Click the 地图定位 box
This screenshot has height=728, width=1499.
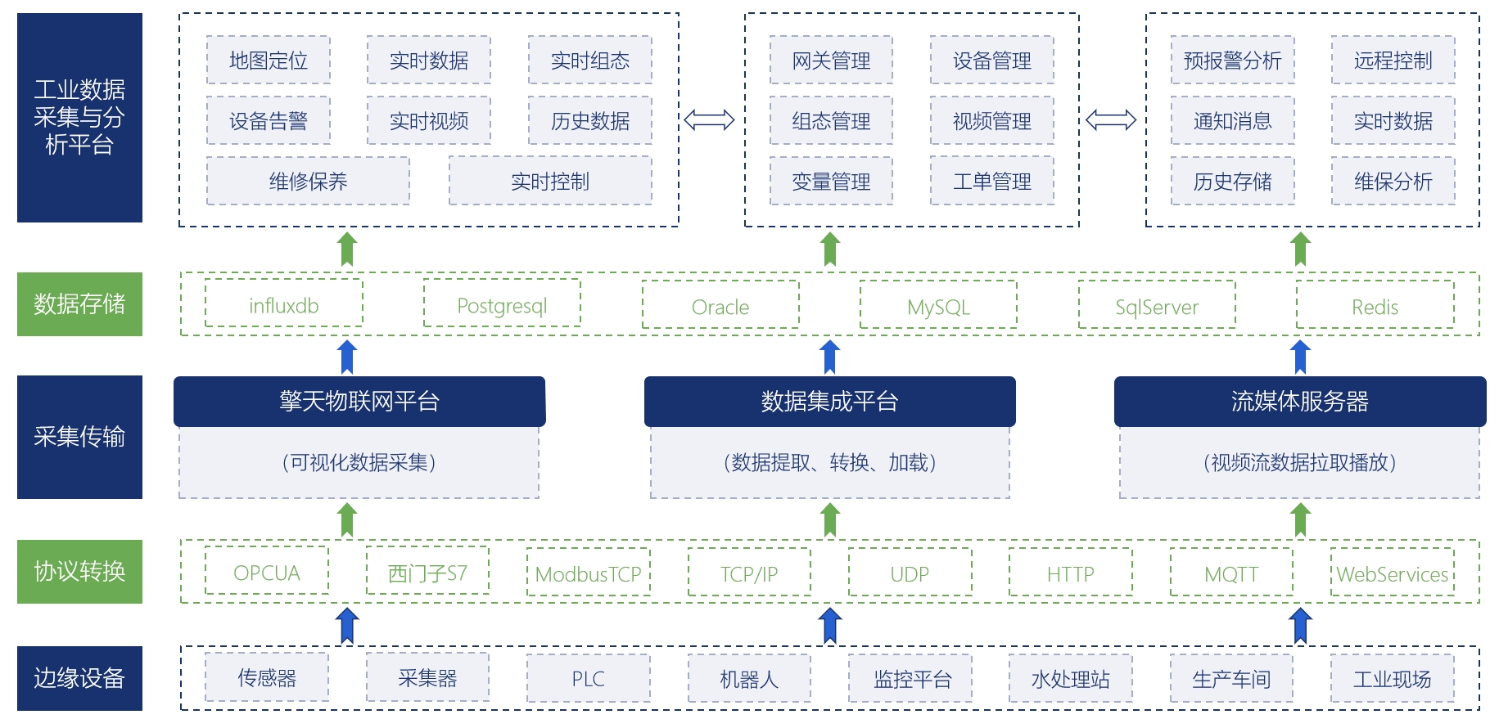[x=268, y=60]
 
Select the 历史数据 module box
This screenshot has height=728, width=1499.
[x=589, y=120]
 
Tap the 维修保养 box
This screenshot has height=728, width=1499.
[x=308, y=181]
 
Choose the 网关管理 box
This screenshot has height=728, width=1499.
[x=831, y=60]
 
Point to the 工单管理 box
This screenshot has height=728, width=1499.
[x=991, y=181]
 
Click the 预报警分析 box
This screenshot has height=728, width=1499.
[x=1232, y=60]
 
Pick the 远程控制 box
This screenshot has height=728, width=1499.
[x=1393, y=60]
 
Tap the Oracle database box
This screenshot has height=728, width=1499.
[x=720, y=306]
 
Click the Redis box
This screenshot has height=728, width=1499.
[x=1375, y=306]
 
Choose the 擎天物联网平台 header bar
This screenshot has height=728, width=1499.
[x=359, y=401]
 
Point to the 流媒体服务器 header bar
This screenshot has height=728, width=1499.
[x=1299, y=401]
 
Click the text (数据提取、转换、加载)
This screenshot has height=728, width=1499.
[x=829, y=462]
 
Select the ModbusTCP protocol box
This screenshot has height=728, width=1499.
[x=588, y=573]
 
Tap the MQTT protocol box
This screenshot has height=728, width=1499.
[x=1230, y=573]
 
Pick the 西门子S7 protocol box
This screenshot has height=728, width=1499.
[x=427, y=572]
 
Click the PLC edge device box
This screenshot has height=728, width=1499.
[x=588, y=678]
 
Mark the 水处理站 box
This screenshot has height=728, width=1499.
[x=1070, y=678]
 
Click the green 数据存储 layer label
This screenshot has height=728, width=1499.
[x=79, y=304]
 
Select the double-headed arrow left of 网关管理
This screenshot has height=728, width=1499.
[x=709, y=120]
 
